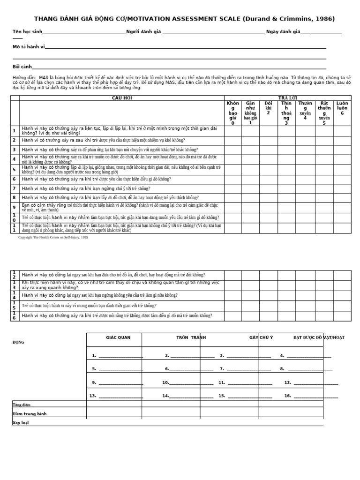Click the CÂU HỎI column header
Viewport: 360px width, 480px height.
(x=122, y=97)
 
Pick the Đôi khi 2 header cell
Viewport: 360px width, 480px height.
(x=268, y=108)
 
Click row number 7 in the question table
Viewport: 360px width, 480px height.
(x=15, y=188)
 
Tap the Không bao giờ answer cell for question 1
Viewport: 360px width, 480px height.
(x=232, y=131)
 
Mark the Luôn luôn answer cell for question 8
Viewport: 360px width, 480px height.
(x=342, y=197)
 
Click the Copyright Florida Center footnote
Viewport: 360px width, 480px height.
(x=53, y=238)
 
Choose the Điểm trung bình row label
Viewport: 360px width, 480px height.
(x=30, y=414)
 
